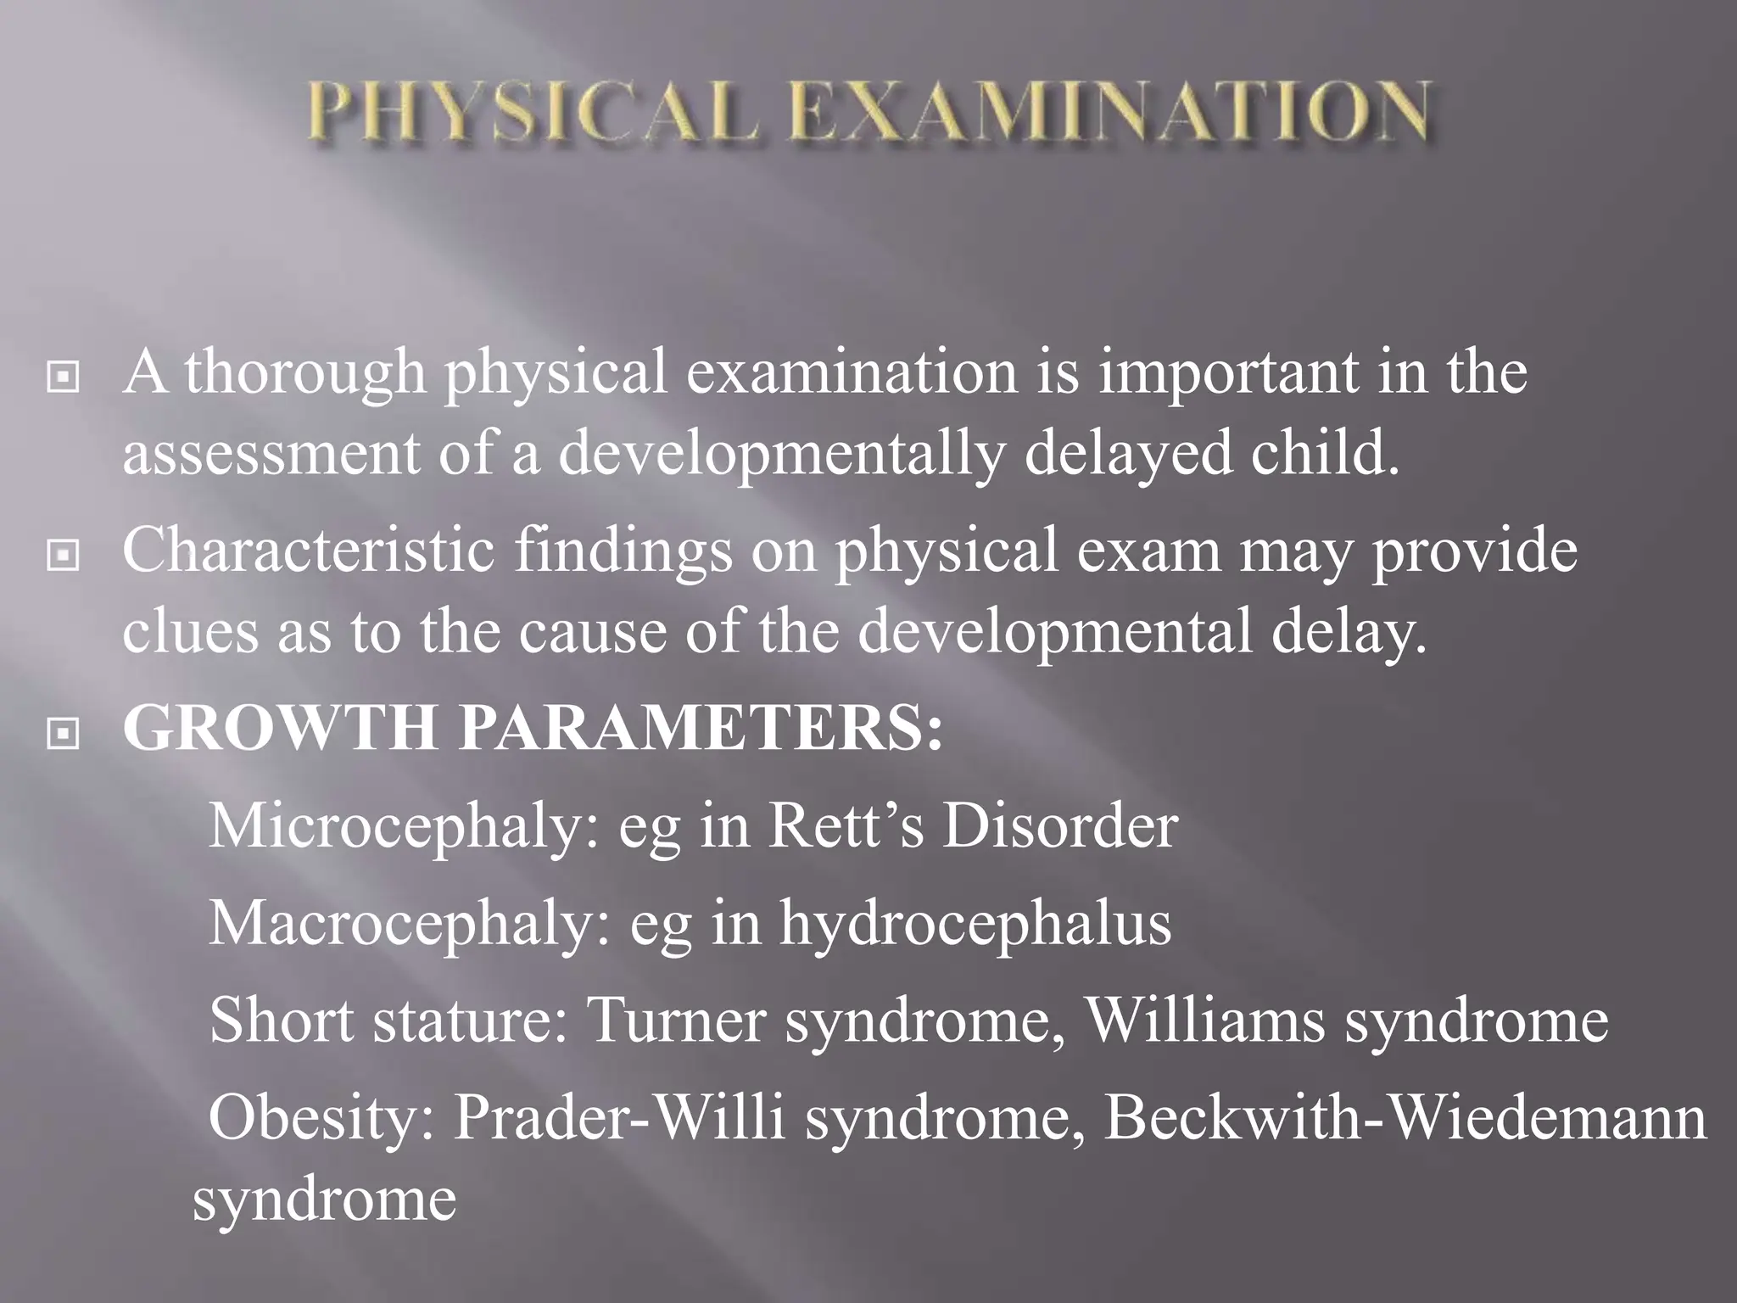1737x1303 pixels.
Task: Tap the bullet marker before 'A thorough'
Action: (x=64, y=377)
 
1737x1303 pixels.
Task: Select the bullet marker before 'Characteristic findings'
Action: (x=64, y=556)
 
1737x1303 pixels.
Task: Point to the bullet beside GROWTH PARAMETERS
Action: (x=64, y=734)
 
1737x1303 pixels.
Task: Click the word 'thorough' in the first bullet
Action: (x=305, y=373)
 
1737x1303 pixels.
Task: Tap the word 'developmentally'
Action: (x=781, y=454)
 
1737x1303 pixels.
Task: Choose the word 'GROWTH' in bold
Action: (x=280, y=728)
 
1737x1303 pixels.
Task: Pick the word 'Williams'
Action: (x=1205, y=1020)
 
